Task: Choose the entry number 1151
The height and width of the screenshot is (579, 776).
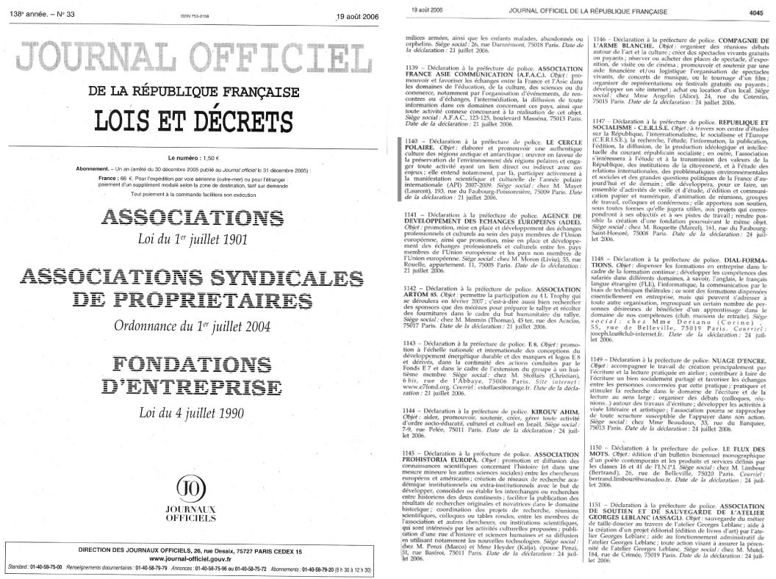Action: (602, 507)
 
